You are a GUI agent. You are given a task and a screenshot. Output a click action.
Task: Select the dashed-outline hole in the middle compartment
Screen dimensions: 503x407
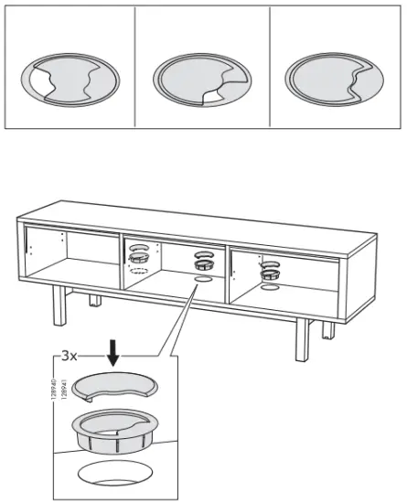click(x=139, y=270)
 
